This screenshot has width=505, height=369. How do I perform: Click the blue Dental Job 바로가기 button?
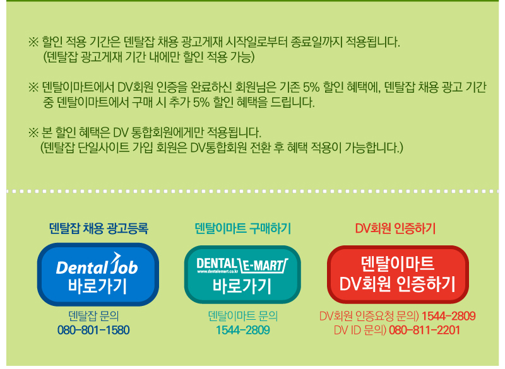[98, 274]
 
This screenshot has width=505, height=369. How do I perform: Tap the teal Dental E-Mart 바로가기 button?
[242, 274]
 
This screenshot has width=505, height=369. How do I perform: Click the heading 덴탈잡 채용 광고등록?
[98, 228]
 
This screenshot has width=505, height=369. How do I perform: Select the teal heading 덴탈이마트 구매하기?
[243, 228]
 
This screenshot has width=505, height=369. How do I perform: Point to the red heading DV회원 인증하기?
[395, 228]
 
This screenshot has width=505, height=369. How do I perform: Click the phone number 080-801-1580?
[93, 330]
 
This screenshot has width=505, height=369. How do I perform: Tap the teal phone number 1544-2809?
[243, 330]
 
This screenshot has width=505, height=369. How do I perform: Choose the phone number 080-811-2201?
[424, 330]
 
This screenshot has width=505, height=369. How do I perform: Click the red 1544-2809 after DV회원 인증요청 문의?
[449, 316]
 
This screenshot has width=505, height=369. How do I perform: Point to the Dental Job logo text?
[97, 264]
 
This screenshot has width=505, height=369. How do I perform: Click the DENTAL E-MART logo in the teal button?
[242, 265]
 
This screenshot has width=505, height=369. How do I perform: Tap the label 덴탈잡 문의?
[93, 316]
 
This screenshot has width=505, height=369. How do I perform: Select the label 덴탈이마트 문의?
[243, 316]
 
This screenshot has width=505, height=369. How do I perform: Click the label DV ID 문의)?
[360, 330]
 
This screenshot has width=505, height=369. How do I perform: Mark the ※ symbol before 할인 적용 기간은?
[33, 42]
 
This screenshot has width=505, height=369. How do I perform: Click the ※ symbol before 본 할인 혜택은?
[33, 132]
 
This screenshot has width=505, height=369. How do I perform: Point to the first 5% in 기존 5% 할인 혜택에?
[311, 87]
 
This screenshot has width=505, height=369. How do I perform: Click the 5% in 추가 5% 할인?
[201, 102]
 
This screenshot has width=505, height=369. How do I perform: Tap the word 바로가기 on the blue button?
[97, 286]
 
